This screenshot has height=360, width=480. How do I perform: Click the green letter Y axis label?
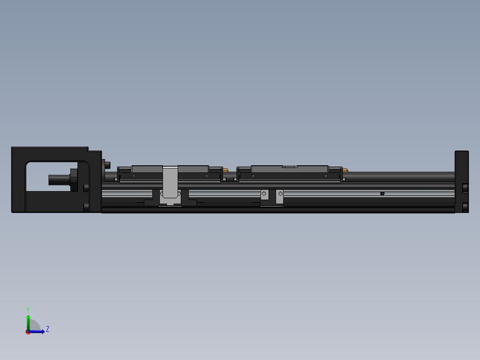[x=28, y=309]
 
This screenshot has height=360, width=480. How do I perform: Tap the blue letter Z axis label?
[x=47, y=329]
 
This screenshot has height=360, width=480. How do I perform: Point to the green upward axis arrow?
[x=28, y=320]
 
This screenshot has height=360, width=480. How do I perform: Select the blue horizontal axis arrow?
[x=38, y=331]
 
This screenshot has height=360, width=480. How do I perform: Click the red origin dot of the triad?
[x=28, y=331]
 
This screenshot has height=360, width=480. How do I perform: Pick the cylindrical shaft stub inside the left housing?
[x=58, y=180]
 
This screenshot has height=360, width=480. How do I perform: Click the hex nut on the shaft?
[x=73, y=179]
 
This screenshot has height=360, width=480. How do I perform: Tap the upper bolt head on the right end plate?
[x=465, y=188]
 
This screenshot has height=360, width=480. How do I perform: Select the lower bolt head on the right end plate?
[x=465, y=207]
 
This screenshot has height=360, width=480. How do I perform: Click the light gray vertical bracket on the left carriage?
[x=170, y=180]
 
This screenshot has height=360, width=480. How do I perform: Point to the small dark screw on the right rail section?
[x=382, y=193]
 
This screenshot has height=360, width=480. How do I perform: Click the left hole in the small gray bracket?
[x=264, y=194]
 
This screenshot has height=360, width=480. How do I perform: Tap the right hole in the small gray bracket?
[x=280, y=194]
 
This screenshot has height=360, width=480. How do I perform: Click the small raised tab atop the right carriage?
[x=290, y=166]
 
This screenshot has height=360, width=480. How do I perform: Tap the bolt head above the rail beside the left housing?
[x=107, y=165]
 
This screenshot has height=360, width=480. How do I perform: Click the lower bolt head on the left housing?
[x=86, y=207]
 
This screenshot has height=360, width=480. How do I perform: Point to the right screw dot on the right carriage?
[x=326, y=176]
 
